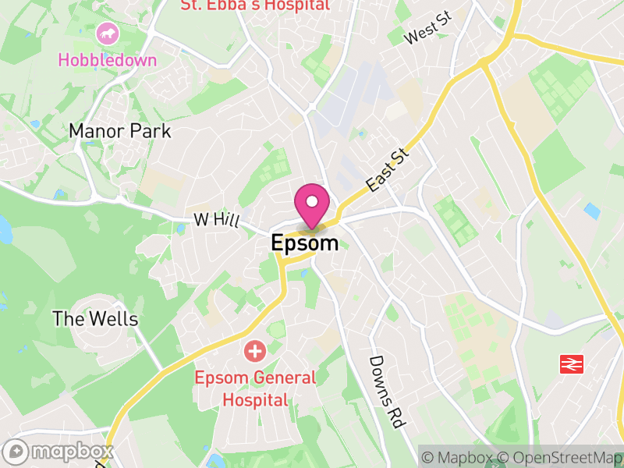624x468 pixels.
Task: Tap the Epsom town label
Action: (305, 243)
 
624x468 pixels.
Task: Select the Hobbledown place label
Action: (108, 60)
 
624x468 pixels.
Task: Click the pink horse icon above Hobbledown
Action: (107, 34)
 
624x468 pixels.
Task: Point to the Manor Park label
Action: (120, 130)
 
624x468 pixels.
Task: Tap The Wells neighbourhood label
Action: (95, 319)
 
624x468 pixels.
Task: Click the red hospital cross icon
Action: (254, 351)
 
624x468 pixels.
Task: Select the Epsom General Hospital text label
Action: (256, 389)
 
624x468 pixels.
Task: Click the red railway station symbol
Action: (572, 364)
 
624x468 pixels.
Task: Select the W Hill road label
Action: (216, 221)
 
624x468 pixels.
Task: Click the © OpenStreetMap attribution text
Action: (560, 457)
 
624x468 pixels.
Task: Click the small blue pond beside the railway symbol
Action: (593, 210)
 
